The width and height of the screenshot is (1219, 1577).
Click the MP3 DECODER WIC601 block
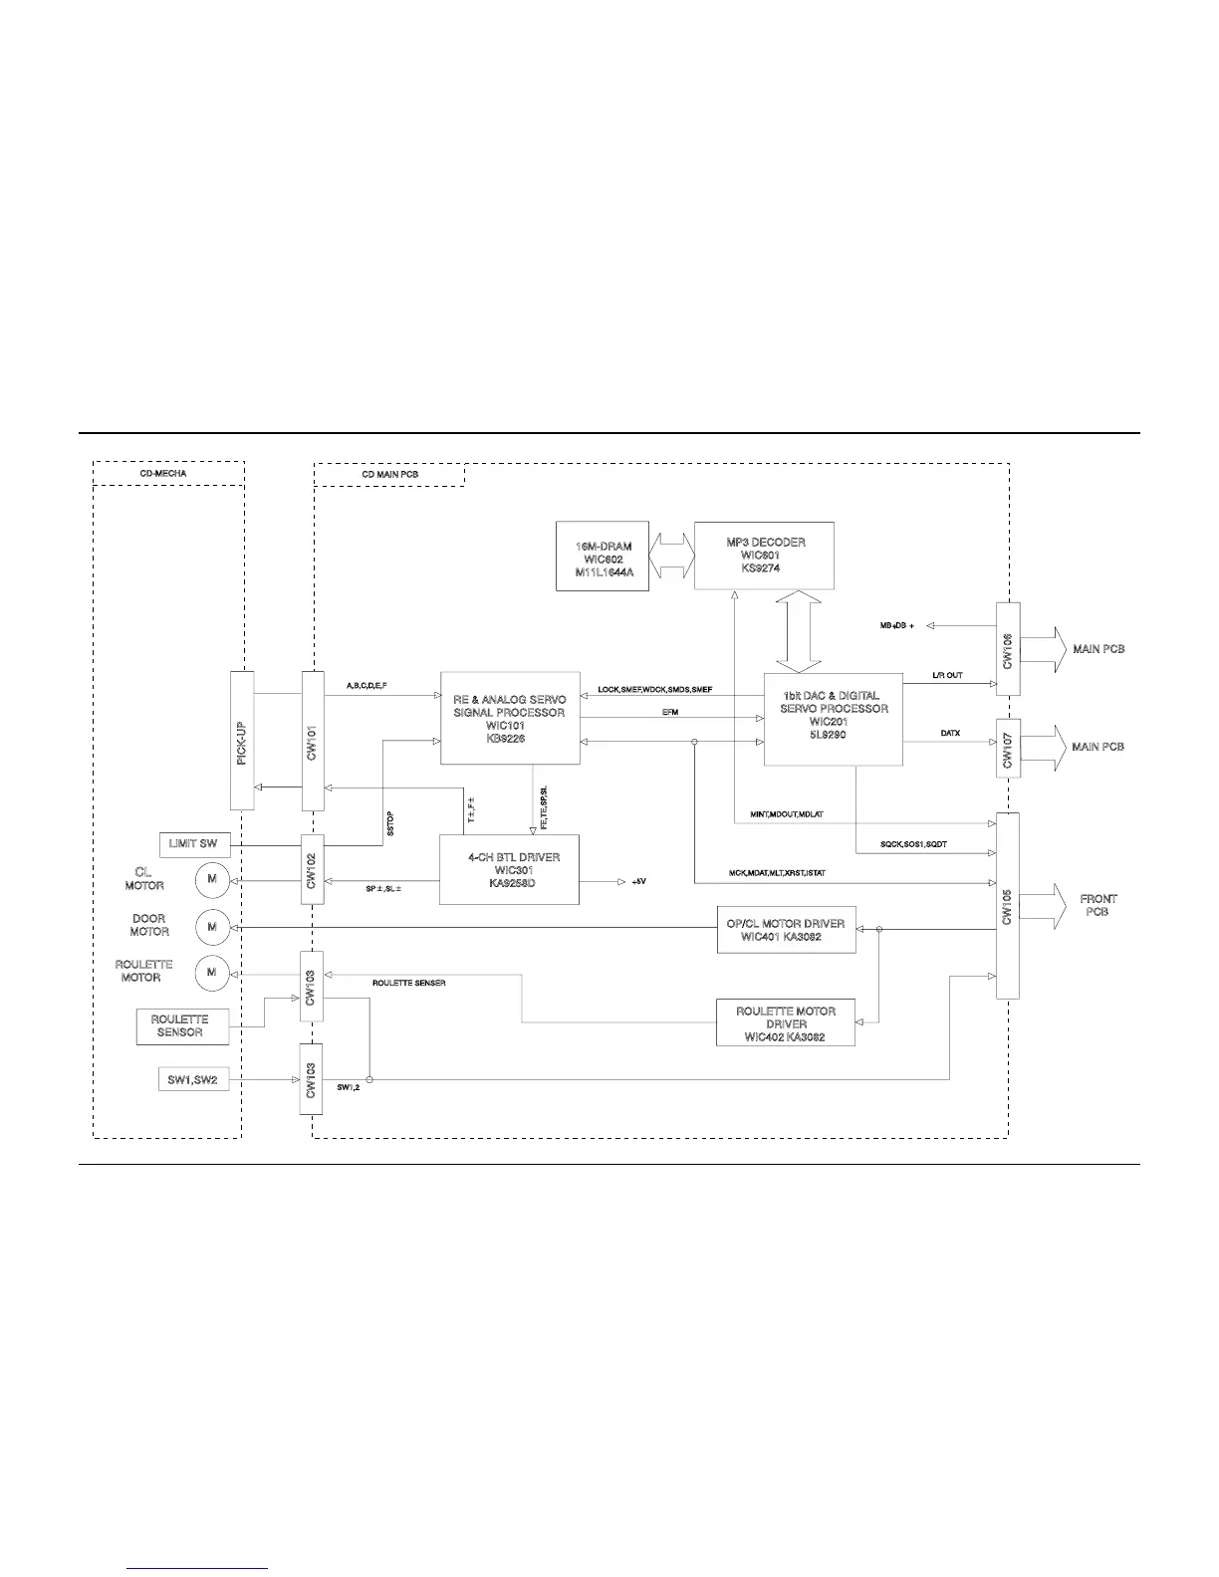pyautogui.click(x=764, y=556)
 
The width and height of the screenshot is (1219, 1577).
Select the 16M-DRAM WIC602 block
pyautogui.click(x=603, y=557)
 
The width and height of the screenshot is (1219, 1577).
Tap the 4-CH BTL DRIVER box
pyautogui.click(x=509, y=870)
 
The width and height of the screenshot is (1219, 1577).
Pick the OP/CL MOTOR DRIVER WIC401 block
pyautogui.click(x=786, y=930)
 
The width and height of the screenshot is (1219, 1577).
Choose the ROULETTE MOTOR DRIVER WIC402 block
pyautogui.click(x=786, y=1022)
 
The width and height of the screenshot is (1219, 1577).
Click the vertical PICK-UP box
pyautogui.click(x=242, y=740)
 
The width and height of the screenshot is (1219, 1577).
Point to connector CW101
pyautogui.click(x=313, y=740)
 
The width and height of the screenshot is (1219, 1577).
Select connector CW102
pyautogui.click(x=313, y=869)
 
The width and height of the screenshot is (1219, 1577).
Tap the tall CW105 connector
pyautogui.click(x=1008, y=905)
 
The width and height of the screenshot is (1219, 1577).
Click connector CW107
pyautogui.click(x=1008, y=748)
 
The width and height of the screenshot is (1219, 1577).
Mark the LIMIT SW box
pyautogui.click(x=193, y=844)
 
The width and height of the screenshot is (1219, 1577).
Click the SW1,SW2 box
pyautogui.click(x=193, y=1079)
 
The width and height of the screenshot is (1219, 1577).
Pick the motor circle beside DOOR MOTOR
pyautogui.click(x=212, y=927)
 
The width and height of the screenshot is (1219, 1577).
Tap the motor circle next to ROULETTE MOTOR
pyautogui.click(x=212, y=973)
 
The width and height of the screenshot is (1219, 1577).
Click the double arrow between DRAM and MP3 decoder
pyautogui.click(x=671, y=556)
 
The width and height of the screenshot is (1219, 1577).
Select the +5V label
pyautogui.click(x=638, y=882)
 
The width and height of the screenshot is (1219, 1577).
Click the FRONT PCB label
pyautogui.click(x=1097, y=905)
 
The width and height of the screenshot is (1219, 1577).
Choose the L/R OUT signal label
pyautogui.click(x=947, y=675)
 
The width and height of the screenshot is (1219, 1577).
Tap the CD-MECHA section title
pyautogui.click(x=163, y=474)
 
